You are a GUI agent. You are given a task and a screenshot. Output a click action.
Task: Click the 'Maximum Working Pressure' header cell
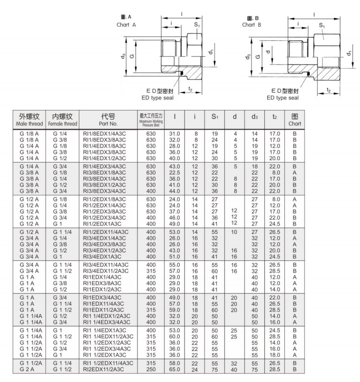[x=151, y=120]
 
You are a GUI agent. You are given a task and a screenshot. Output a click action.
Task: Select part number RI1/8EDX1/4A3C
[x=105, y=134]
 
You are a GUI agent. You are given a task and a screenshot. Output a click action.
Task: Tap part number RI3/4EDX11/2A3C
[x=107, y=272]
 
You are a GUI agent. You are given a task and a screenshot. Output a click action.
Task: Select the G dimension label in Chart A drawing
[x=132, y=56]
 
